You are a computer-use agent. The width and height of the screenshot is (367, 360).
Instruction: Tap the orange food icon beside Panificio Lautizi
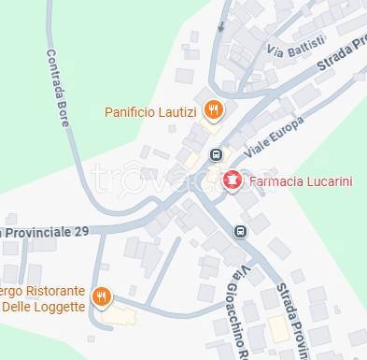pyautogui.click(x=213, y=111)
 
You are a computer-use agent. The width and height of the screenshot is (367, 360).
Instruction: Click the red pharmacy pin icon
pyautogui.click(x=232, y=180)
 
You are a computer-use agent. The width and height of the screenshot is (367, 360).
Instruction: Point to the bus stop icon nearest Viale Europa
pyautogui.click(x=217, y=155)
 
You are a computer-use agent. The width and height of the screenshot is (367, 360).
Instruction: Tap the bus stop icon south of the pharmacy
pyautogui.click(x=240, y=230)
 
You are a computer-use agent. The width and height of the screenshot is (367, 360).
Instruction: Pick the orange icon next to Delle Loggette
pyautogui.click(x=102, y=297)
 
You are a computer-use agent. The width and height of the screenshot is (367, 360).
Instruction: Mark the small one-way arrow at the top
pyautogui.click(x=221, y=25)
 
